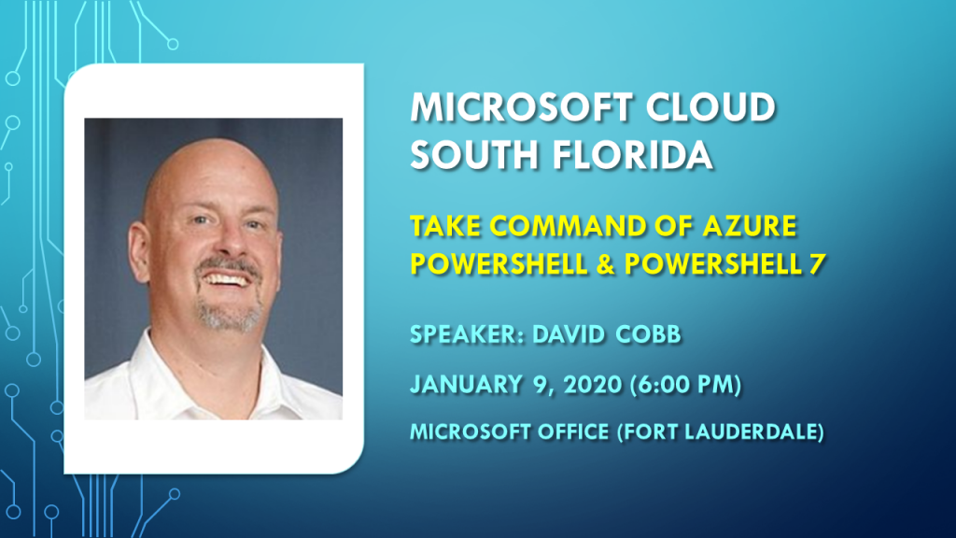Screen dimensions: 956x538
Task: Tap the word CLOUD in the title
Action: click(x=710, y=107)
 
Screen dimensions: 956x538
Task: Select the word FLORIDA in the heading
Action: click(x=632, y=154)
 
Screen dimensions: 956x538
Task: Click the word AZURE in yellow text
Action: click(x=750, y=226)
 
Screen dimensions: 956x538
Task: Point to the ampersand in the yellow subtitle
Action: click(x=605, y=264)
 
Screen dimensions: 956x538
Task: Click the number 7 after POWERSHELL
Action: click(x=818, y=264)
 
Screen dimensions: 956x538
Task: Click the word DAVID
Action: click(x=569, y=335)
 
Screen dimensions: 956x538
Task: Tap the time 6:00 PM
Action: click(x=686, y=385)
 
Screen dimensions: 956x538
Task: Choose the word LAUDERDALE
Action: click(x=754, y=432)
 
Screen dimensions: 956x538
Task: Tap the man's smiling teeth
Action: click(x=227, y=279)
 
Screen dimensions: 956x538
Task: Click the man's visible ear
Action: click(x=138, y=251)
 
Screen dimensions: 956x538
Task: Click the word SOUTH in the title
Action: click(x=474, y=154)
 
